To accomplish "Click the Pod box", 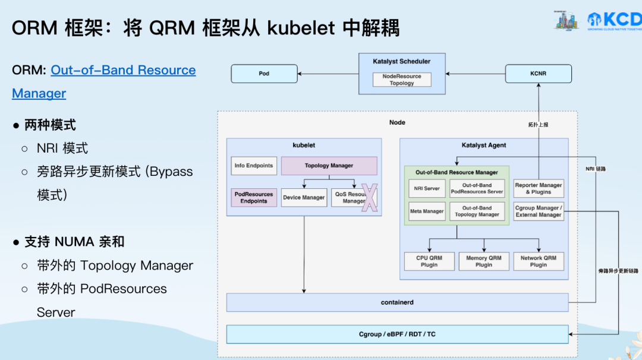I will pyautogui.click(x=264, y=74).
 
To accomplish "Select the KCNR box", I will pyautogui.click(x=538, y=74).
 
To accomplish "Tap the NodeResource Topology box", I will pyautogui.click(x=402, y=80).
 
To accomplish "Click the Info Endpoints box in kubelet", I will pyautogui.click(x=254, y=166).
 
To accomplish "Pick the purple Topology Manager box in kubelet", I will pyautogui.click(x=329, y=166).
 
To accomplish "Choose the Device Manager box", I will pyautogui.click(x=304, y=197).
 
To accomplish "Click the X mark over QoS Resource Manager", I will pyautogui.click(x=370, y=198).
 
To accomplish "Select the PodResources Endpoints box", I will pyautogui.click(x=254, y=197).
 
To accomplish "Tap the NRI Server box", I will pyautogui.click(x=427, y=188).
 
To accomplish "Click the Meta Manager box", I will pyautogui.click(x=427, y=211).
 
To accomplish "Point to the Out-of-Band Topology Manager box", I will pyautogui.click(x=477, y=211).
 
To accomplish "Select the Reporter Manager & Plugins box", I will pyautogui.click(x=539, y=188).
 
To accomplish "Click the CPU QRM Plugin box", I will pyautogui.click(x=429, y=261).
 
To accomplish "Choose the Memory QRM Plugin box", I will pyautogui.click(x=484, y=261).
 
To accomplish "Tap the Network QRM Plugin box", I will pyautogui.click(x=539, y=261).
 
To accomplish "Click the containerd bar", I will pyautogui.click(x=397, y=302).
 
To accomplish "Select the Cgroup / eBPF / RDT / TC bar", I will pyautogui.click(x=397, y=334).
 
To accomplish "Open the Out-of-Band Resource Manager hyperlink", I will pyautogui.click(x=123, y=70).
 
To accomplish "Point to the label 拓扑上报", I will pyautogui.click(x=538, y=125).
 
